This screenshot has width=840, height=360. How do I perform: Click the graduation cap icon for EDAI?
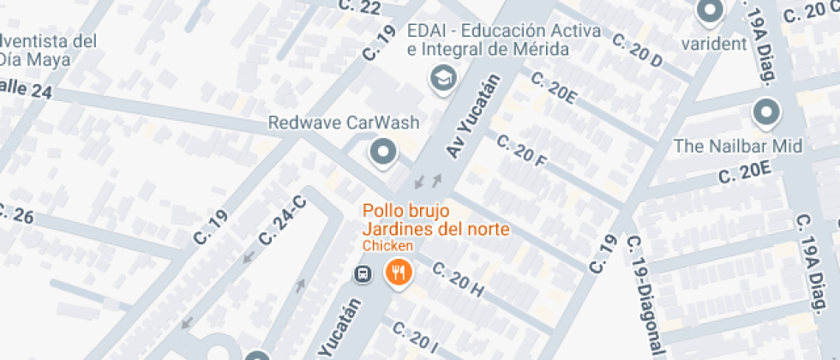[x=442, y=79]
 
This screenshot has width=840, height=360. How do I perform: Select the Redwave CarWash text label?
[x=344, y=123]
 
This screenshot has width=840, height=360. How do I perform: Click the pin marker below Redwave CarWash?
[x=382, y=153]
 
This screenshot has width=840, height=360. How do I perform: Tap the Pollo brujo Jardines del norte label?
[x=435, y=219]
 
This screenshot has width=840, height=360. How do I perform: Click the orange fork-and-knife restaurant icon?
[x=399, y=273]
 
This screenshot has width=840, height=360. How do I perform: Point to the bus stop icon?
[x=363, y=273]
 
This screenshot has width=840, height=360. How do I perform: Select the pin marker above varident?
[x=710, y=12]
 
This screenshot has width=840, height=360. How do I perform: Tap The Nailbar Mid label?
[x=737, y=146]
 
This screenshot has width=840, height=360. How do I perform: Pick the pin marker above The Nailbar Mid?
[x=765, y=112]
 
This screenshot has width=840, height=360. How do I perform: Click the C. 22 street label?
[x=360, y=6]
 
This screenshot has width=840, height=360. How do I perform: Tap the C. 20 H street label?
[x=459, y=280]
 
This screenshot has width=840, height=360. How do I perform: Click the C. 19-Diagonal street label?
[x=647, y=297]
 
